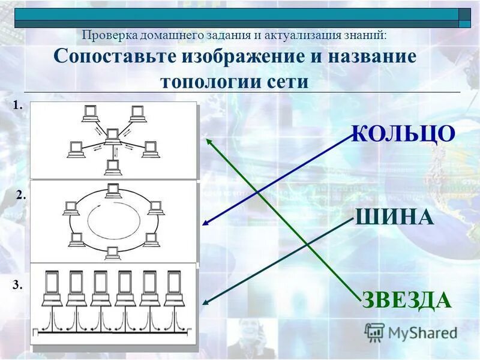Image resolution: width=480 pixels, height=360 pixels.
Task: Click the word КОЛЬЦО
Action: (403, 133)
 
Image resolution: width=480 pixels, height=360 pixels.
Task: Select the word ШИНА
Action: (394, 217)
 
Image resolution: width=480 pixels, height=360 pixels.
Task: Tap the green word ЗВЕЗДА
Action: (406, 299)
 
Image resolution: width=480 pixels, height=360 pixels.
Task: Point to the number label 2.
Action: (21, 194)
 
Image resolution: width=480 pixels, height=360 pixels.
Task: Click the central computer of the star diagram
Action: (112, 136)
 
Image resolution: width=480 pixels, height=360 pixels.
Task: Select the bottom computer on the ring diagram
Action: (112, 253)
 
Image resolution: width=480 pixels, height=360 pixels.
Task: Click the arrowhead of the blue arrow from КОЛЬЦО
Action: (205, 224)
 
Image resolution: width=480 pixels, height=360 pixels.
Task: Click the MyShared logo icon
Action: (374, 332)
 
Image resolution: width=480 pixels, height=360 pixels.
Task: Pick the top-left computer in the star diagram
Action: (90, 112)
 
